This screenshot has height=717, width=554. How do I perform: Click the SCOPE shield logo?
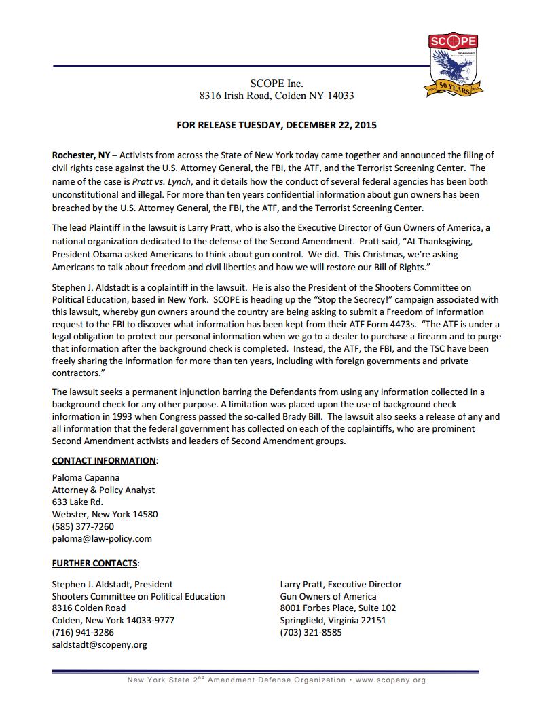(453, 65)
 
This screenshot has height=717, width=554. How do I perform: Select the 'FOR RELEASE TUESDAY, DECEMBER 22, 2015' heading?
(276, 125)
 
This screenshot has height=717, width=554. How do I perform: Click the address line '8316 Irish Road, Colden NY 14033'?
(276, 96)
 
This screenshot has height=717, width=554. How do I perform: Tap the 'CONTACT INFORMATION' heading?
(104, 460)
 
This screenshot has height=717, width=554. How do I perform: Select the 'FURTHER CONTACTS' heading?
(95, 563)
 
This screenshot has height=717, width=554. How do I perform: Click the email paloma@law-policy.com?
(102, 538)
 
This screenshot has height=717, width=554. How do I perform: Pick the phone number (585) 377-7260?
(83, 526)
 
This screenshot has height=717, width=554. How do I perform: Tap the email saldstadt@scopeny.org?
(99, 644)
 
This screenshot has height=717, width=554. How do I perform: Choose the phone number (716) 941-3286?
(83, 632)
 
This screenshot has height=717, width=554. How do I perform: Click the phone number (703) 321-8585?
(311, 632)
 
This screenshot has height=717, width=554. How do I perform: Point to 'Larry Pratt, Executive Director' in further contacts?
(340, 584)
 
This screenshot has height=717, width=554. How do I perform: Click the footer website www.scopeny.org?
(390, 680)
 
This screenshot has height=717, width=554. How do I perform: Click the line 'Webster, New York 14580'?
(105, 514)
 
